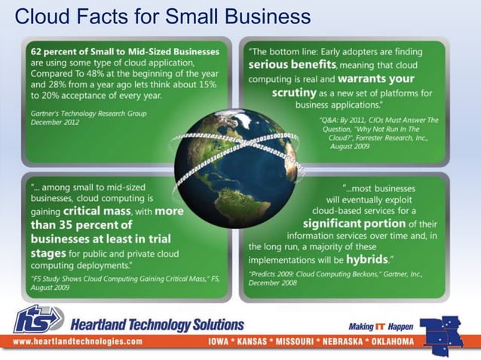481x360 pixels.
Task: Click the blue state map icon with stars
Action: point(446,329)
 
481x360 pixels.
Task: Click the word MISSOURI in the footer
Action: point(290,342)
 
